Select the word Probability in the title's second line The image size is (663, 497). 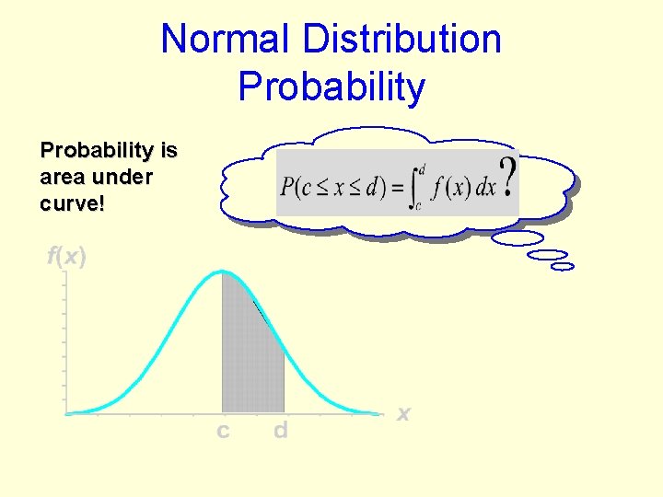tap(331, 87)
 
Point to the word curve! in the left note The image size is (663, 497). tap(73, 203)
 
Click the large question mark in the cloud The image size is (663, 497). tap(506, 175)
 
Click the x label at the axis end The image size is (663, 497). tap(403, 414)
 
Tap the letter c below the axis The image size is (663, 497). tap(223, 431)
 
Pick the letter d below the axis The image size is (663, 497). tap(281, 430)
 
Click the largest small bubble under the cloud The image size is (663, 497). tap(518, 238)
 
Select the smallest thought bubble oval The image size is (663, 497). tap(562, 267)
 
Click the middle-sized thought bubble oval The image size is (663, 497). tap(550, 255)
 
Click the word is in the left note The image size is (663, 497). tap(169, 150)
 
